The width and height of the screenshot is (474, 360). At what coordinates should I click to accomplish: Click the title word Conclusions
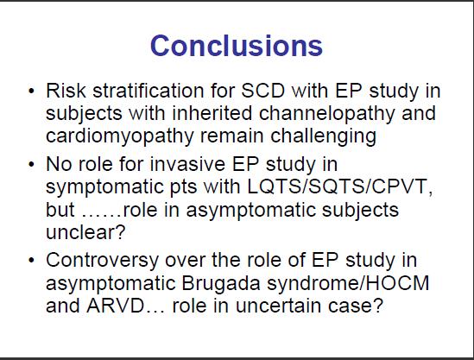tap(237, 46)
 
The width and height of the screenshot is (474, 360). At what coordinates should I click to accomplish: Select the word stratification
tap(149, 90)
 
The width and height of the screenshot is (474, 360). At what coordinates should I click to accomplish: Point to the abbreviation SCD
tap(262, 90)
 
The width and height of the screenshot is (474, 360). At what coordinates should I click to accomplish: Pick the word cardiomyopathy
tap(119, 137)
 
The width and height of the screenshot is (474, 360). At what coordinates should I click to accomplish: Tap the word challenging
tap(323, 137)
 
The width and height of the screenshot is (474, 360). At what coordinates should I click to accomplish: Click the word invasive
tap(187, 164)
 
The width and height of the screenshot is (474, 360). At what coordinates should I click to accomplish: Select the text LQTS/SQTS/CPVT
tap(338, 186)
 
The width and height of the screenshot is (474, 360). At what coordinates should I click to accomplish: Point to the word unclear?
tap(85, 232)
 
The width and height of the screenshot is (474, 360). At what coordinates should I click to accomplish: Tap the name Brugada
tap(221, 284)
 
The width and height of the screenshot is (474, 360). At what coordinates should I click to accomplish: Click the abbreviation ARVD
tap(115, 306)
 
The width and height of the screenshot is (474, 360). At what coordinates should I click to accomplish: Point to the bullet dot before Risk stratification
tap(31, 91)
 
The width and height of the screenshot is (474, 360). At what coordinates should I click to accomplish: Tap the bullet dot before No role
tap(31, 165)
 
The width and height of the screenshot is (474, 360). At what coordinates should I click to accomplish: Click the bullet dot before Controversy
tap(31, 261)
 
